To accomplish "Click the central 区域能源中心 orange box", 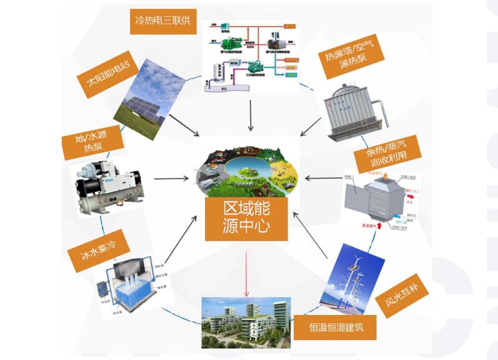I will coord(246,217).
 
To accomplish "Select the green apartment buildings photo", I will coord(246,321).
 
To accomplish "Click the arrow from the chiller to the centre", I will coord(171,179).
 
